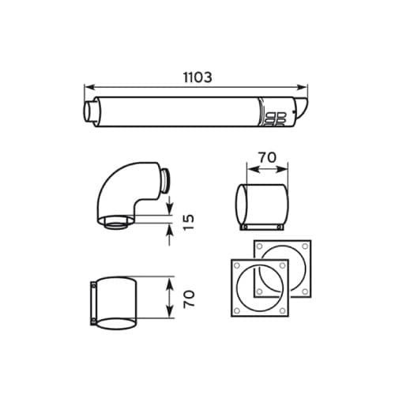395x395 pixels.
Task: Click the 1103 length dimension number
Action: (x=197, y=77)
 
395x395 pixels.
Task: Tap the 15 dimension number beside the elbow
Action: (x=189, y=223)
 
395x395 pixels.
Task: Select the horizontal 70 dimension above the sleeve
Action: (x=268, y=158)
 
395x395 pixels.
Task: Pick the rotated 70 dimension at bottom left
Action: (x=189, y=299)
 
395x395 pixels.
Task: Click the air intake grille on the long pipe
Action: (x=275, y=119)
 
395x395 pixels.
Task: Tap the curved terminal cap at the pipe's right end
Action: (x=301, y=108)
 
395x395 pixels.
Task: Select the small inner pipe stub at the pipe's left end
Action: (x=88, y=111)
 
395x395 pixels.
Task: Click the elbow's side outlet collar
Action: (x=165, y=181)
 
